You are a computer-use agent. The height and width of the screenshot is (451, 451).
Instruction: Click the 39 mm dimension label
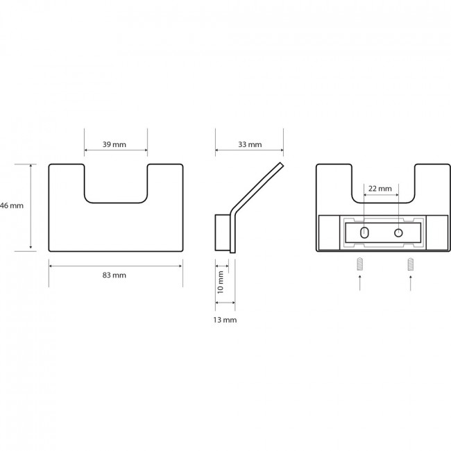click(x=114, y=144)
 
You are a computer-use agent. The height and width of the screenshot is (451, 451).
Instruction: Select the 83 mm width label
click(x=114, y=275)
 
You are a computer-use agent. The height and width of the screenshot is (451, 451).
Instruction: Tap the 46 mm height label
click(x=12, y=205)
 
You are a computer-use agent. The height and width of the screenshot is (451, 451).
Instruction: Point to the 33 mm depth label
click(x=250, y=144)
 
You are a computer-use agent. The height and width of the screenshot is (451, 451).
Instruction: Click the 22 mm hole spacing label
click(x=380, y=189)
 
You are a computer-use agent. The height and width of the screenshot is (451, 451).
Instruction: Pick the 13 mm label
click(x=225, y=320)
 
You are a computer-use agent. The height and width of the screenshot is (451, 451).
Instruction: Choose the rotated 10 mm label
click(x=221, y=282)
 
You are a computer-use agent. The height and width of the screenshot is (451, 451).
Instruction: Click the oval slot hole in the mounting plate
click(x=364, y=232)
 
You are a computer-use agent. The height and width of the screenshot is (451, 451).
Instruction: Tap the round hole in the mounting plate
click(x=398, y=232)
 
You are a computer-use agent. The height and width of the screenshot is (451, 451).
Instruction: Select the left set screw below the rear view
click(x=359, y=264)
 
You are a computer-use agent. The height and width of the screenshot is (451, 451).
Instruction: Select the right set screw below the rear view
click(x=411, y=264)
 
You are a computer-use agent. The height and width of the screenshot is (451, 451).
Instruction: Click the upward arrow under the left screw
click(x=359, y=282)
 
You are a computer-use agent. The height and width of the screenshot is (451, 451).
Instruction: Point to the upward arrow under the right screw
click(x=411, y=282)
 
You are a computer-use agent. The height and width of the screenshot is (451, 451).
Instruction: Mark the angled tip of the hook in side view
click(x=282, y=164)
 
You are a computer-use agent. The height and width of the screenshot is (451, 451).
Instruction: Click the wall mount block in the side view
click(x=223, y=232)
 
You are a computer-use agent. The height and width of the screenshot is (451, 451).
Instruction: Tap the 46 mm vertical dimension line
click(x=31, y=206)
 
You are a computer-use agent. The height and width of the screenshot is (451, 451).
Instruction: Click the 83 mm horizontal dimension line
click(x=116, y=266)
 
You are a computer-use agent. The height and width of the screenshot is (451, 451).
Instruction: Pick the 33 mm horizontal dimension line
click(x=249, y=150)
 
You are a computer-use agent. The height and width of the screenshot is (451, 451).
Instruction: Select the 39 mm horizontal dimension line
click(x=116, y=150)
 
